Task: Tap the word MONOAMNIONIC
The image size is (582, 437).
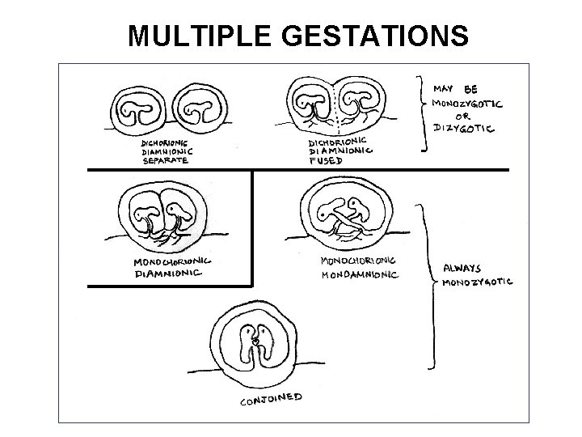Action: [x=361, y=274]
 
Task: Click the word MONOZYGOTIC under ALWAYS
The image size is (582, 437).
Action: [x=477, y=282]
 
